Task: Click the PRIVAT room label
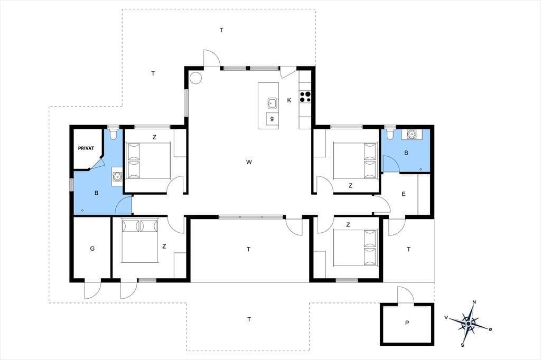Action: (x=86, y=148)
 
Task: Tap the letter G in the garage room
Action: (x=92, y=249)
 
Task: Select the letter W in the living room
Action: (x=249, y=162)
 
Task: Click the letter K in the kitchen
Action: (x=289, y=100)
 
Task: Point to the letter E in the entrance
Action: (x=404, y=194)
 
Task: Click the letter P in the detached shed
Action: (x=407, y=323)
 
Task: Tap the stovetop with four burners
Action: (x=305, y=96)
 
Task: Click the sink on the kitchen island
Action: (x=272, y=103)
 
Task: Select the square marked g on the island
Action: (x=272, y=119)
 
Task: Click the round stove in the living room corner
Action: (x=195, y=77)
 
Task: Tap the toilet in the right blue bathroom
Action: (x=390, y=134)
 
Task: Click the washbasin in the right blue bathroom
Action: (x=411, y=134)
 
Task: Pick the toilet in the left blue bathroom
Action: (x=113, y=134)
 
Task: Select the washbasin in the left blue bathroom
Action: (x=118, y=176)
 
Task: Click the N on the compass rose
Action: (x=474, y=302)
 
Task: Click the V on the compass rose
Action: (x=446, y=318)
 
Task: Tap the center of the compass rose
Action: (x=469, y=324)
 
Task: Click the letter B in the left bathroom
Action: (x=96, y=193)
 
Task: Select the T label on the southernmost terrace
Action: (x=249, y=320)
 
